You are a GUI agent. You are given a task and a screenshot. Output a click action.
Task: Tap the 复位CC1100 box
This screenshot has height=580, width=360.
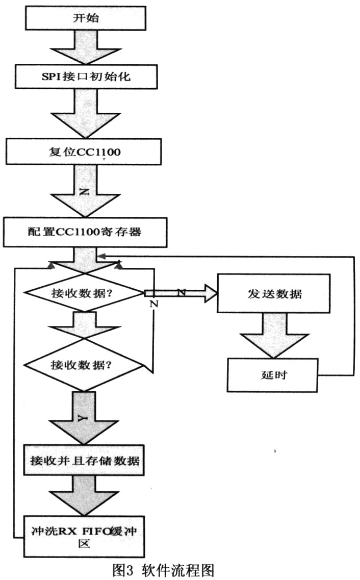82,152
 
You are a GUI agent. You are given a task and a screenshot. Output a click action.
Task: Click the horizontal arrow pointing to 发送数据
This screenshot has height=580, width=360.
181,293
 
